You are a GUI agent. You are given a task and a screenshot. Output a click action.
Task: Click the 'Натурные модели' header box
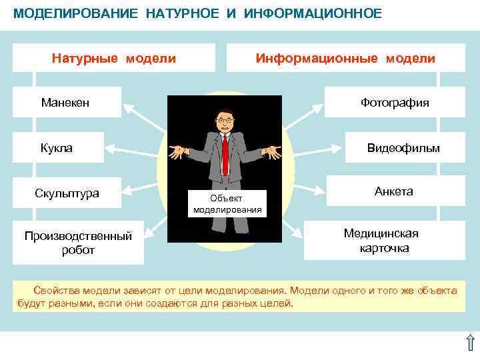point(114,58)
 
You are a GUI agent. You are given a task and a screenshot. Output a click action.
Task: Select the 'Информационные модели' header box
point(345,58)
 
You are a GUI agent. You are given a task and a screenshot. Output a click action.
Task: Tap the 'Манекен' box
point(65,103)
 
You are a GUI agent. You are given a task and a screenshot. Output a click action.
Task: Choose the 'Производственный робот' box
point(78,243)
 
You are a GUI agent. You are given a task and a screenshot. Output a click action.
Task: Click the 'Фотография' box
point(395,103)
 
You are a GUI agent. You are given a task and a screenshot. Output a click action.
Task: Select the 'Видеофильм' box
point(403,147)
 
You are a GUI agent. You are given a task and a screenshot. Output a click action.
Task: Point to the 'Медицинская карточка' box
point(381,241)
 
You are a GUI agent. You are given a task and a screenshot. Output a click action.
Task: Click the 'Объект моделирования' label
point(227,204)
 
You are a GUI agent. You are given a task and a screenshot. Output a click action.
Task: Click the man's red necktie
point(225,153)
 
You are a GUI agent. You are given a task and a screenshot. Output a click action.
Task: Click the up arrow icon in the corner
point(469,343)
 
